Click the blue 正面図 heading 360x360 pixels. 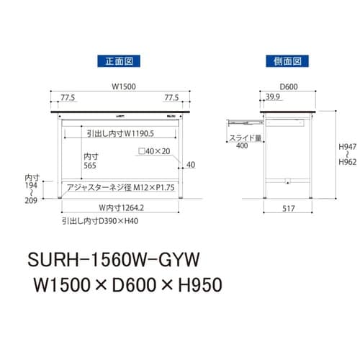tap(120, 61)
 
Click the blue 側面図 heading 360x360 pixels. tap(287, 61)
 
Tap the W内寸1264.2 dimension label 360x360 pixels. tap(120, 208)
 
